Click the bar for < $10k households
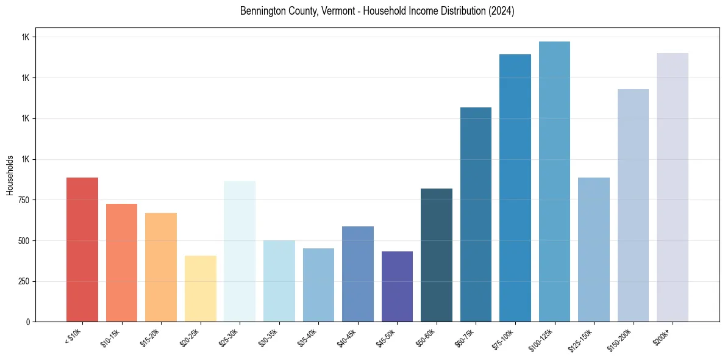point(82,250)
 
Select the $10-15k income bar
point(121,262)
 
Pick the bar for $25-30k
point(240,251)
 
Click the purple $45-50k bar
point(397,286)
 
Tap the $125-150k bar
point(594,250)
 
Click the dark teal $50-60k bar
point(437,255)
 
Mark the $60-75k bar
point(476,214)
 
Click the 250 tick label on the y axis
point(24,281)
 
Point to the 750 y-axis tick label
point(24,200)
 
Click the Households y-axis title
point(10,175)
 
